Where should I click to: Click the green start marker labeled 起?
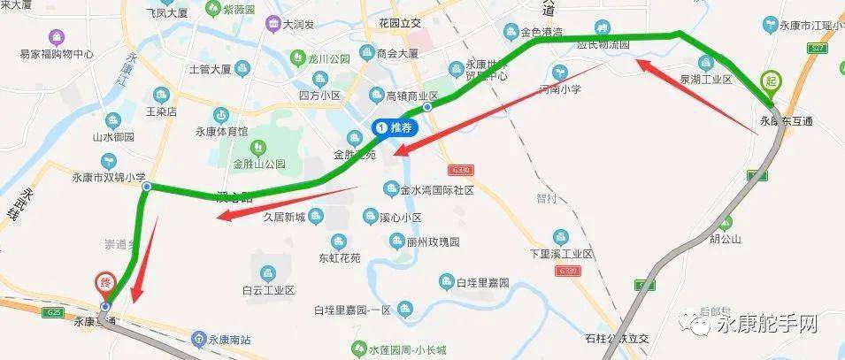pos(771,81)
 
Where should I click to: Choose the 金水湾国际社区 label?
pos(437,189)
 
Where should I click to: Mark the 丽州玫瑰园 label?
pos(434,241)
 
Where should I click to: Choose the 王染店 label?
pos(161,112)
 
